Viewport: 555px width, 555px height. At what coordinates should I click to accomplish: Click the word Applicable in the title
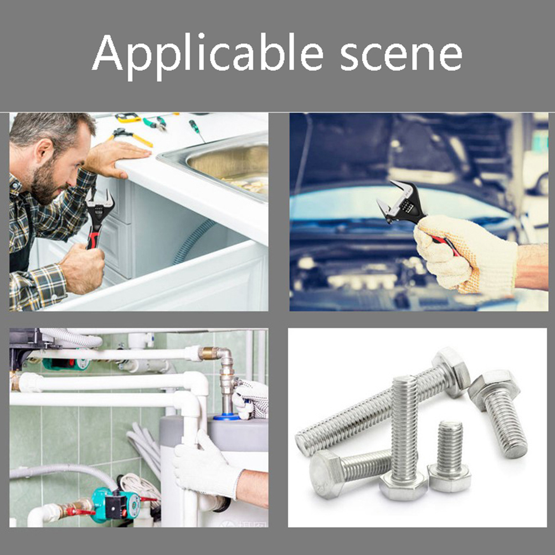(x=208, y=56)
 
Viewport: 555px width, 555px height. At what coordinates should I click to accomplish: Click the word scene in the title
(x=401, y=56)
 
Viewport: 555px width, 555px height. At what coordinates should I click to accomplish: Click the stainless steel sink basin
(x=227, y=166)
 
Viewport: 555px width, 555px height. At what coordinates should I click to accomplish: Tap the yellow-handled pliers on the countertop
(x=130, y=136)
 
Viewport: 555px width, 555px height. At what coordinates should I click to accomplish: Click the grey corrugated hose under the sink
(x=193, y=241)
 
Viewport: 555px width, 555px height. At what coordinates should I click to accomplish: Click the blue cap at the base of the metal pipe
(x=226, y=417)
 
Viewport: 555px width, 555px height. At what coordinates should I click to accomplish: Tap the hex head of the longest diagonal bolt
(x=451, y=372)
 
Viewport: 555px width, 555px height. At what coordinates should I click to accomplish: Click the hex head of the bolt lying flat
(x=326, y=474)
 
